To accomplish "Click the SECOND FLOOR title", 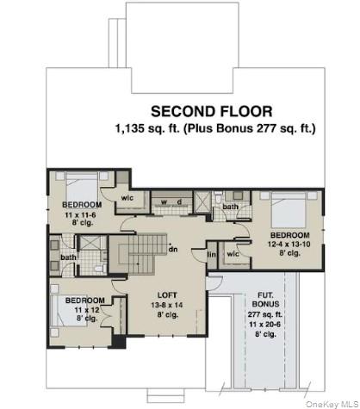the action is pyautogui.click(x=212, y=111).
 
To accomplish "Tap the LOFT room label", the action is pyautogui.click(x=167, y=295).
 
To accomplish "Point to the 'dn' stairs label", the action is pyautogui.click(x=173, y=249).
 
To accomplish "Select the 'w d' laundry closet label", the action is pyautogui.click(x=171, y=202).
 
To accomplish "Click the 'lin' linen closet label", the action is pyautogui.click(x=212, y=254).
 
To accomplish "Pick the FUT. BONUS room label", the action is pyautogui.click(x=265, y=300).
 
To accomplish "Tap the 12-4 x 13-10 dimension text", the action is pyautogui.click(x=289, y=245).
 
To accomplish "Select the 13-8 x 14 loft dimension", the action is pyautogui.click(x=167, y=305).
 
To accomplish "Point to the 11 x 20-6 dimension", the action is pyautogui.click(x=265, y=325).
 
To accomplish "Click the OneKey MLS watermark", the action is pyautogui.click(x=332, y=404).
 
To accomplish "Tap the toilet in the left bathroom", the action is pyautogui.click(x=99, y=268).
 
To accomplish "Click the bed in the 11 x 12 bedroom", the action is pyautogui.click(x=69, y=311).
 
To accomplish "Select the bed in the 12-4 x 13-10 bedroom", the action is pyautogui.click(x=289, y=210).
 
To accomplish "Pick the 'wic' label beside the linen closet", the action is pyautogui.click(x=233, y=254).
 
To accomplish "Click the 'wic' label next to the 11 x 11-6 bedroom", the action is pyautogui.click(x=127, y=198).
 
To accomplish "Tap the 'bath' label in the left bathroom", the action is pyautogui.click(x=68, y=257).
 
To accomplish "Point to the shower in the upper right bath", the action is pyautogui.click(x=202, y=202).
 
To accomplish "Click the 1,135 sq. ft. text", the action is pyautogui.click(x=147, y=128).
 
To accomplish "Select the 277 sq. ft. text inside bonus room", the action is pyautogui.click(x=265, y=314).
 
